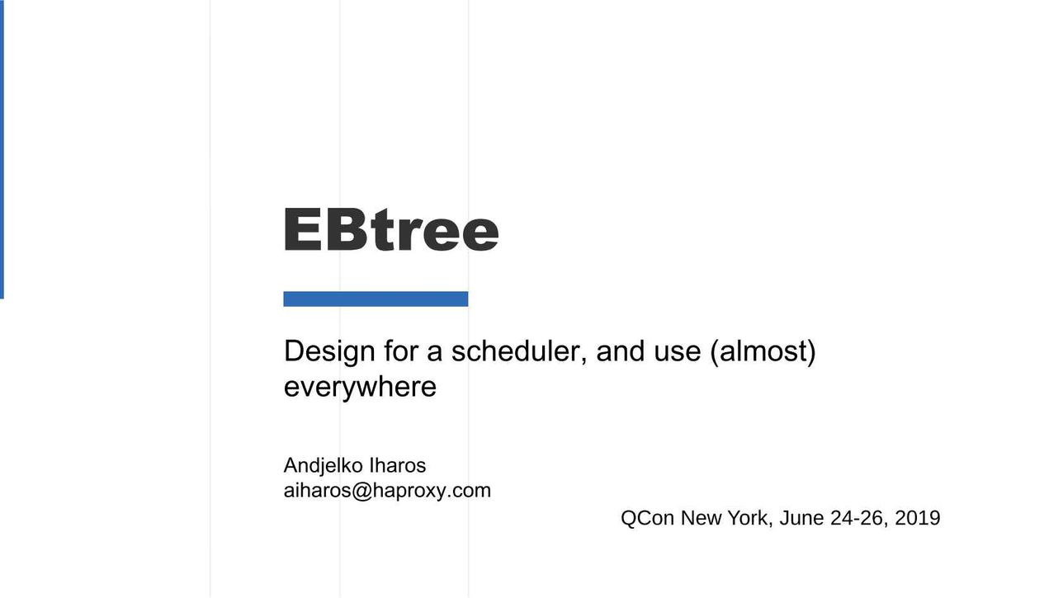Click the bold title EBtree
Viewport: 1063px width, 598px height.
pos(391,229)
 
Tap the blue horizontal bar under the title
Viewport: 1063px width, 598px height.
pos(376,299)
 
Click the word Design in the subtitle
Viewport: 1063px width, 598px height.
pos(329,351)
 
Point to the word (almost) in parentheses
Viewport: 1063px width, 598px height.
pos(763,351)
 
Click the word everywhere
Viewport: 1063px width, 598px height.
pos(360,387)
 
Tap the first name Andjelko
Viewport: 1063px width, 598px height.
pos(322,466)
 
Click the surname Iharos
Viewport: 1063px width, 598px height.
pos(397,466)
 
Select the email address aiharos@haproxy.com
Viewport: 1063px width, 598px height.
pos(387,491)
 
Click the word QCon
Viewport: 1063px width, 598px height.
pos(647,518)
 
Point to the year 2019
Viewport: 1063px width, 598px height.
pos(918,518)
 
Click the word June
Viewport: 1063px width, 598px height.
pos(801,518)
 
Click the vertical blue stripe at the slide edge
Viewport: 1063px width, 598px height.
pos(2,149)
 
